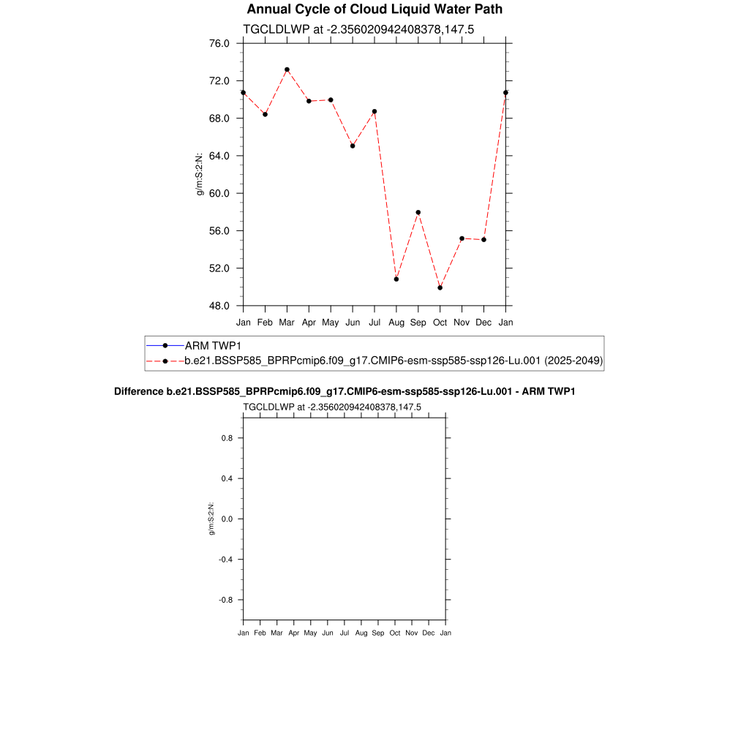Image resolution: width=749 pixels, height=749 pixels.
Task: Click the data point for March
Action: (x=287, y=69)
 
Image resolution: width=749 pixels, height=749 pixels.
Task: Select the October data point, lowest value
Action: (x=440, y=287)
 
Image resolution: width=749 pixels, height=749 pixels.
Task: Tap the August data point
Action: (x=396, y=279)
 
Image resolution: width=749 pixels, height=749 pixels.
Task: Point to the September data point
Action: (x=418, y=212)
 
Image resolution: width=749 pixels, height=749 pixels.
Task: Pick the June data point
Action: (x=353, y=146)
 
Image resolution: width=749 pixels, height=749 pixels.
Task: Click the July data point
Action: (x=374, y=111)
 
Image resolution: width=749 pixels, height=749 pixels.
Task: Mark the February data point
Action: (x=265, y=114)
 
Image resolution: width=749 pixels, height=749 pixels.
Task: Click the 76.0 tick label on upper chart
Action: (x=219, y=43)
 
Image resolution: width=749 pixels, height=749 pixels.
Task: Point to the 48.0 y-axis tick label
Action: (x=219, y=306)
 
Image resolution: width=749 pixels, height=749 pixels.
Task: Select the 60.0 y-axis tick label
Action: (x=219, y=193)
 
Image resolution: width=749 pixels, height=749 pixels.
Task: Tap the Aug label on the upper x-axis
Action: (x=396, y=321)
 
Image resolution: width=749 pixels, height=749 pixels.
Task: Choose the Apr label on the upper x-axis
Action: (x=309, y=321)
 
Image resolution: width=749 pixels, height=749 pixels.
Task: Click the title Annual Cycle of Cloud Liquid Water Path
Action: (x=374, y=10)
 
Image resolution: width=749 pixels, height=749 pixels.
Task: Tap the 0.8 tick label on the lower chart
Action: (x=227, y=438)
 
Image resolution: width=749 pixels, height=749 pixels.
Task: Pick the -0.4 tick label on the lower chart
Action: (x=225, y=559)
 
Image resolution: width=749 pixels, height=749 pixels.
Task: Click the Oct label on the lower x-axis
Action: (x=395, y=633)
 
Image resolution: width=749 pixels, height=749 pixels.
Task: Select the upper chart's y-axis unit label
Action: (x=198, y=174)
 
